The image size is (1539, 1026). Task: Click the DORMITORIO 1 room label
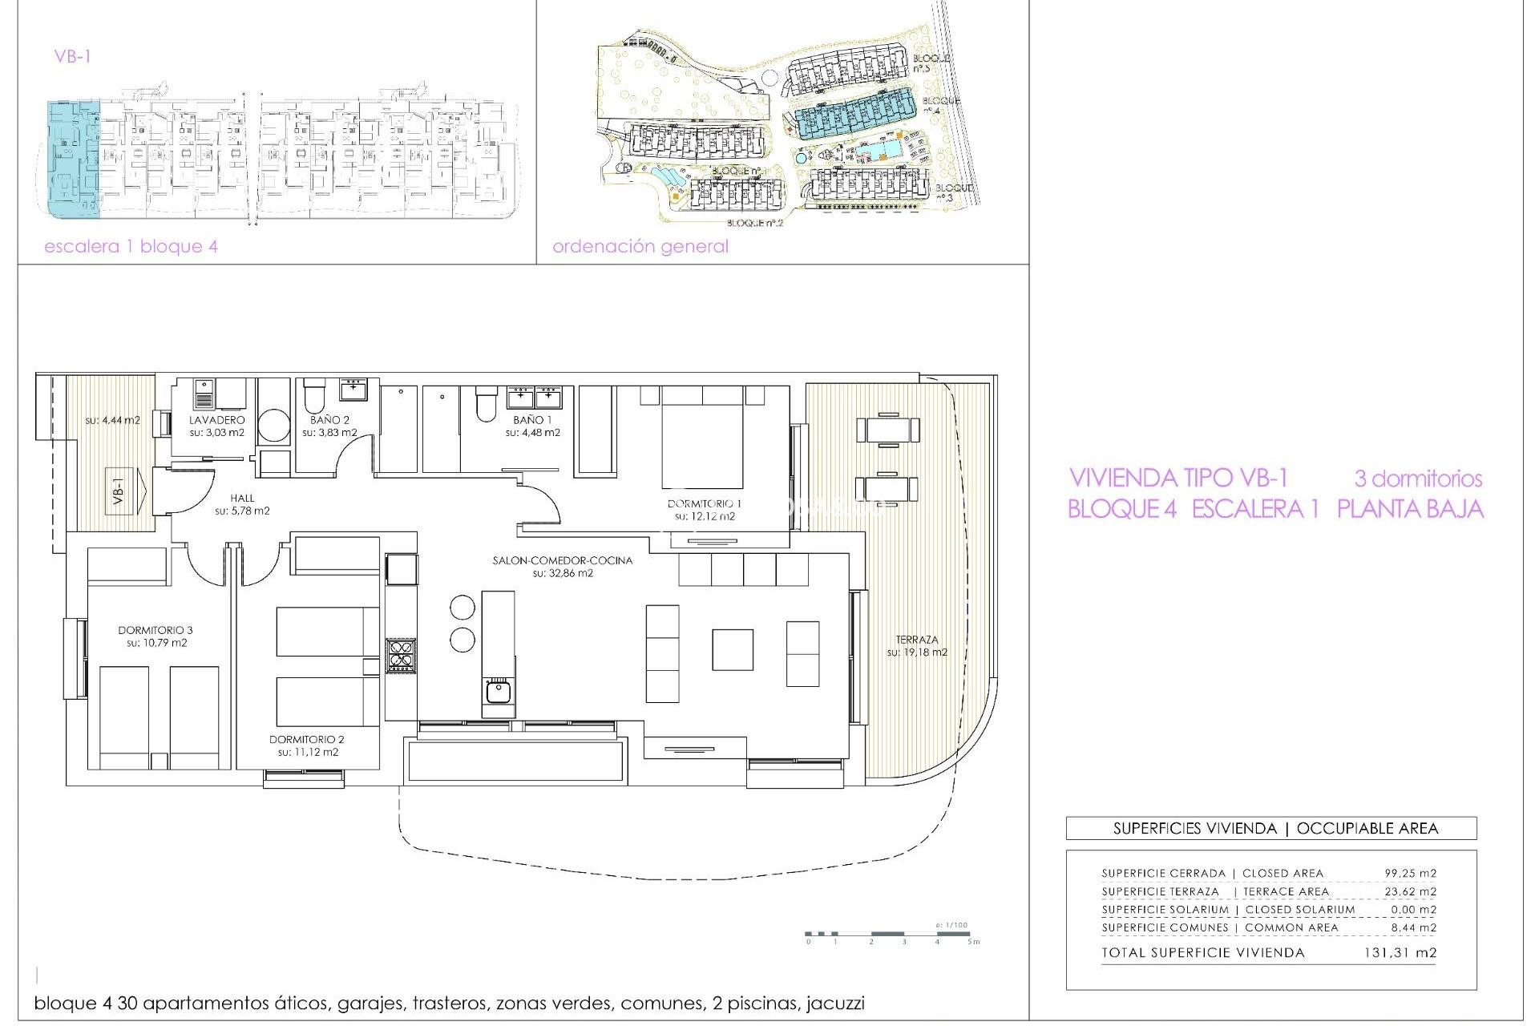(704, 503)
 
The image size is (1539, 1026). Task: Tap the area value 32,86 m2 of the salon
(562, 574)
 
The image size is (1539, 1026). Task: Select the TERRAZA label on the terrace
(916, 640)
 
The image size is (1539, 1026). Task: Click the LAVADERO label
(216, 420)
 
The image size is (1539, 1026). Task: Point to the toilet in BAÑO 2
(314, 396)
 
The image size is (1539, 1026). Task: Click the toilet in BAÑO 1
(486, 405)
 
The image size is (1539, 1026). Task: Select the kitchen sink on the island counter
(498, 690)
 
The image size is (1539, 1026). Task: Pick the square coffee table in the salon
(732, 649)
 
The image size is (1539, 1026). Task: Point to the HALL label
(242, 499)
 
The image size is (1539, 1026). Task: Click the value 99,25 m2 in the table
(1410, 874)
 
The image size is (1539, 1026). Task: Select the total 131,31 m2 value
(1400, 953)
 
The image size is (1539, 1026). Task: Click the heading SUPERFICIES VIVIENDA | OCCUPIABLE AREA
(1274, 829)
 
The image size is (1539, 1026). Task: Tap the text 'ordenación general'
(640, 247)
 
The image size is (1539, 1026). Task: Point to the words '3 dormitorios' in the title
(1417, 479)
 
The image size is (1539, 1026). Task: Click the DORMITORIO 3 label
(156, 630)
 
